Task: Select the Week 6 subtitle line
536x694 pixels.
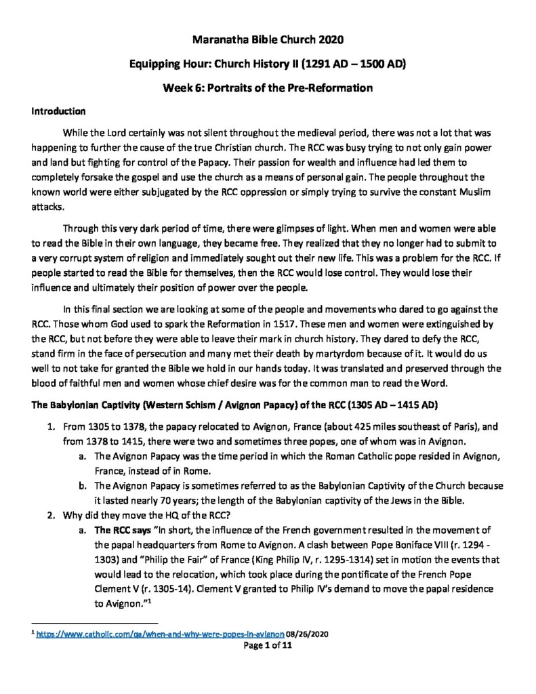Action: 268,88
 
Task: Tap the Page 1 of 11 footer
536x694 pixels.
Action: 268,647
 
